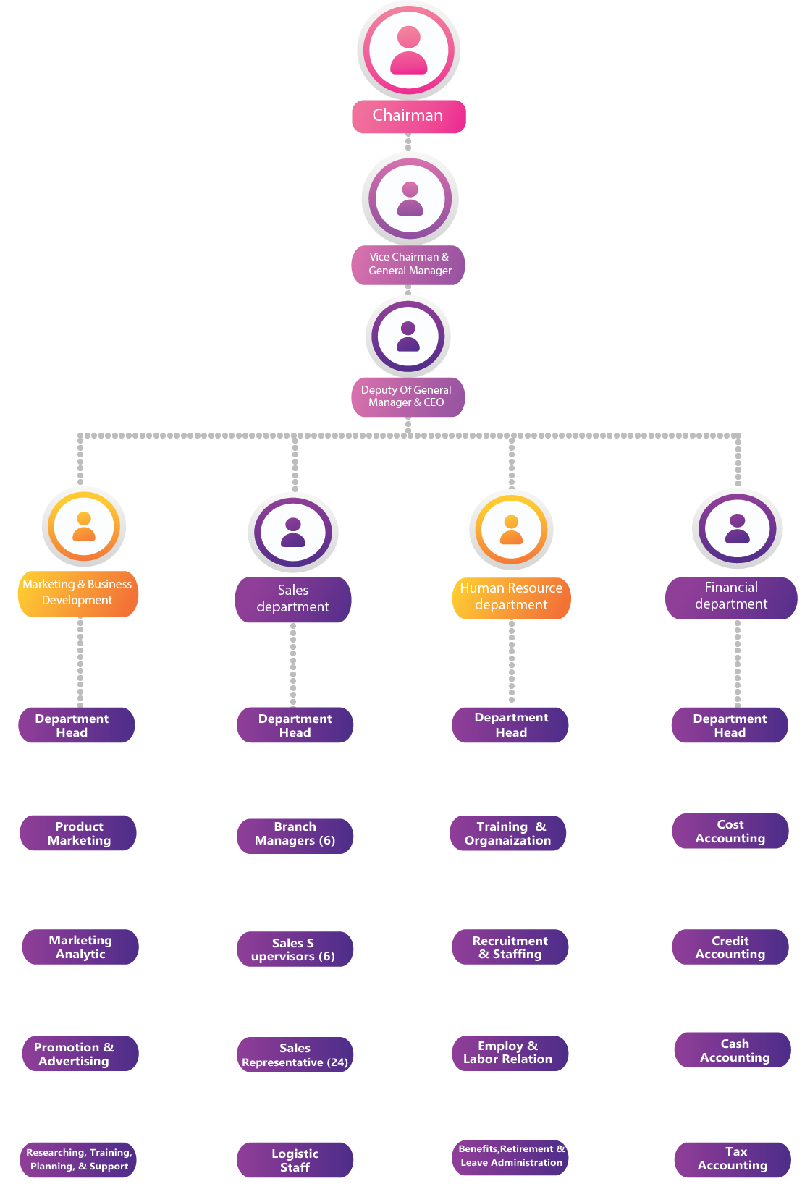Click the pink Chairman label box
[408, 116]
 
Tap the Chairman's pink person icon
[409, 50]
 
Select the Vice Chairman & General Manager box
[408, 264]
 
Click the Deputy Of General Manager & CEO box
[408, 397]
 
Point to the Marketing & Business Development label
[77, 593]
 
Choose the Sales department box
[293, 599]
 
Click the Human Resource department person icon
[511, 530]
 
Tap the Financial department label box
[731, 596]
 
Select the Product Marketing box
[78, 833]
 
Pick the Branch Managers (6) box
[295, 834]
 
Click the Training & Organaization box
[508, 834]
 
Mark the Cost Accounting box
[730, 831]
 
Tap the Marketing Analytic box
[80, 947]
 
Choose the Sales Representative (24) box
[295, 1055]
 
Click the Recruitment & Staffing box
[510, 947]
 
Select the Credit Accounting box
[730, 947]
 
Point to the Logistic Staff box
[295, 1161]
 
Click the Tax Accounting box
[733, 1159]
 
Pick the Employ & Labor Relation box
[510, 1053]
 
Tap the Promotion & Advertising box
[80, 1054]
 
